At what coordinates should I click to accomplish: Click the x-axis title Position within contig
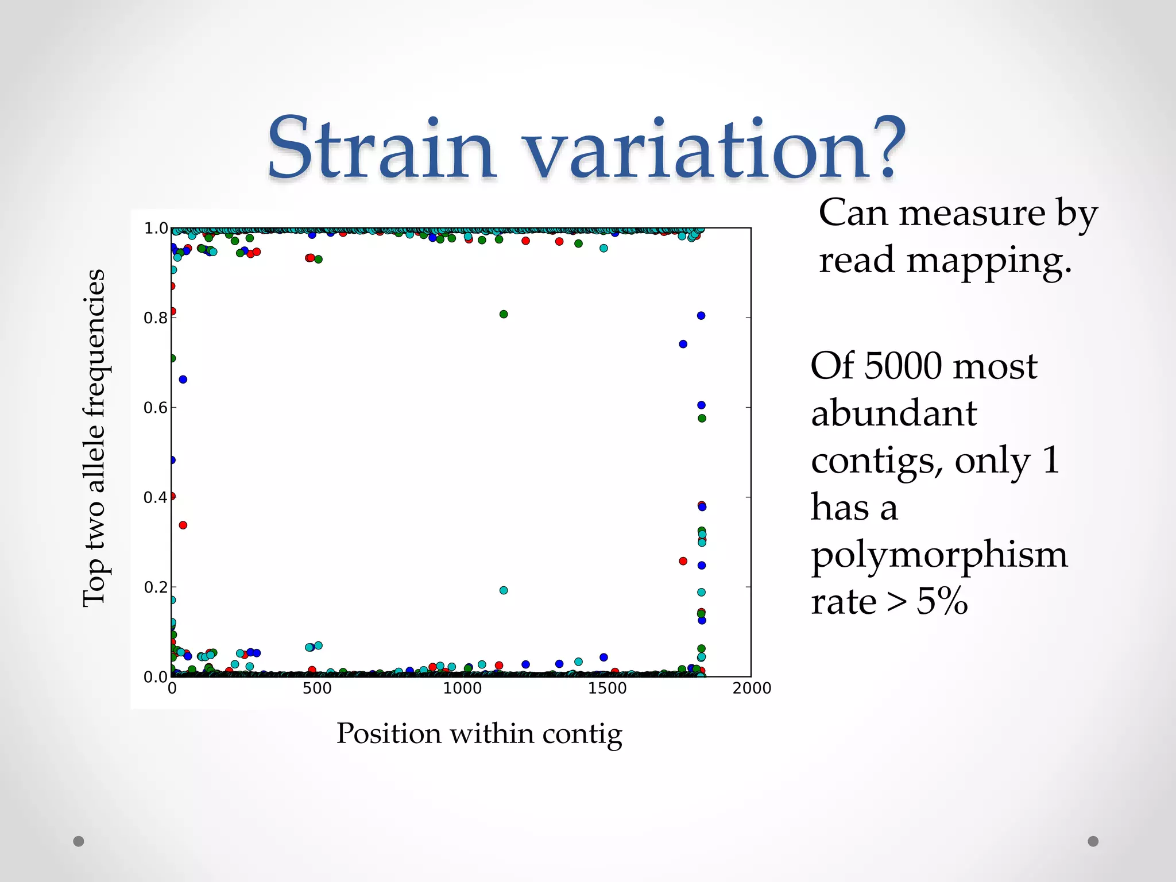click(x=479, y=734)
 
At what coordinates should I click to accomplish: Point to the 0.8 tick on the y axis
click(x=155, y=318)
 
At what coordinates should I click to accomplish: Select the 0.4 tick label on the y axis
click(x=155, y=498)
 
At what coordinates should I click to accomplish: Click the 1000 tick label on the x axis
click(x=462, y=688)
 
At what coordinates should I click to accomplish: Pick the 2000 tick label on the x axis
click(x=751, y=688)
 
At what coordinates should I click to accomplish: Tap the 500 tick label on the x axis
click(x=317, y=688)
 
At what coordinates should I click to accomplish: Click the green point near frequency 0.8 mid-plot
click(x=504, y=314)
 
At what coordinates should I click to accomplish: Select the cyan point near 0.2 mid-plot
click(x=504, y=590)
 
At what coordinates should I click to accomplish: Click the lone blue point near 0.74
click(x=683, y=344)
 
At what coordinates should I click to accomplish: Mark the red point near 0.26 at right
click(x=683, y=561)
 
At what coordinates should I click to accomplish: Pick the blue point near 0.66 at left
click(x=183, y=380)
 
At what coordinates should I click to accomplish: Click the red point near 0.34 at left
click(x=183, y=525)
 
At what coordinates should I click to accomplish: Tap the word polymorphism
click(x=939, y=555)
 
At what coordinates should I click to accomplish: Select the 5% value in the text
click(x=942, y=602)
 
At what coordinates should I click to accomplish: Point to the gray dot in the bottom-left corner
click(x=79, y=841)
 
